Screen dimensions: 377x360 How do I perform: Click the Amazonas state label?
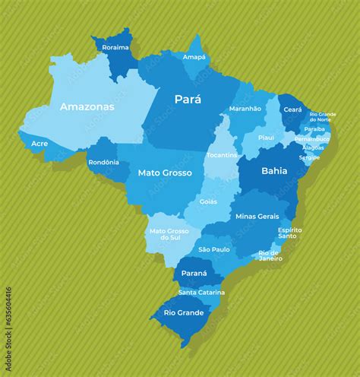pos(87,107)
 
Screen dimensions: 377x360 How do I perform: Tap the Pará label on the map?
pos(188,99)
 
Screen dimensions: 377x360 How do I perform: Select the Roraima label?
pos(115,47)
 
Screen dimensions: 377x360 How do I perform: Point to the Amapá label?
pos(194,57)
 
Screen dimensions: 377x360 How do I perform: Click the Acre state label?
pos(39,143)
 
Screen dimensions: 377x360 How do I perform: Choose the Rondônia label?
pos(103,162)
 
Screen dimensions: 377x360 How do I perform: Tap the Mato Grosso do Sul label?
pos(169,234)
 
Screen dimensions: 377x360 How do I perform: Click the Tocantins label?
pos(222,155)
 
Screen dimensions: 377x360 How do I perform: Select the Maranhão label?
pos(245,109)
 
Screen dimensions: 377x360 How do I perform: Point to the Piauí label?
pos(266,138)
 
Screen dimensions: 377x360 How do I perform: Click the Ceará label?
pos(292,109)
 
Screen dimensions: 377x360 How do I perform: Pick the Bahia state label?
pos(274,171)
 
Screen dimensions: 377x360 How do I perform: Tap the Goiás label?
pos(208,201)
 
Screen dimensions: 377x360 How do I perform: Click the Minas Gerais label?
pos(257,216)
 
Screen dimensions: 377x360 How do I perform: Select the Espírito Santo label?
pos(289,233)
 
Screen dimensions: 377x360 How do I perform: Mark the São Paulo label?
pos(214,249)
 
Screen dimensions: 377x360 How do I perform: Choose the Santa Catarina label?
pos(201,292)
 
